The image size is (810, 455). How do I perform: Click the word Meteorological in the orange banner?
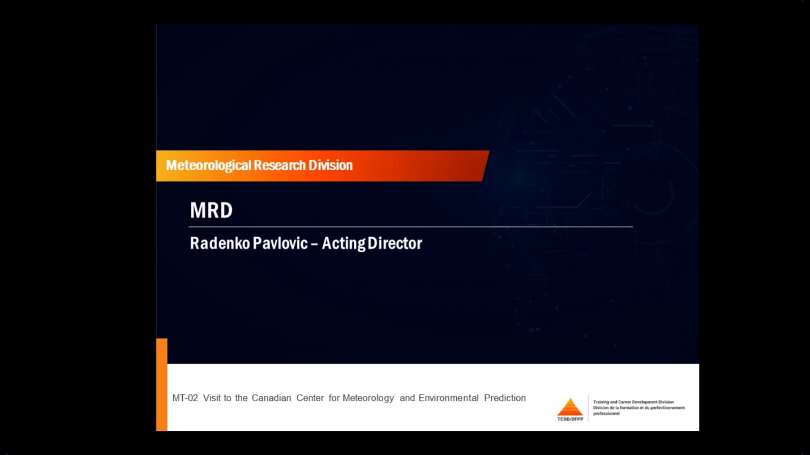coord(209,165)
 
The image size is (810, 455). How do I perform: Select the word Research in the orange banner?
coord(279,165)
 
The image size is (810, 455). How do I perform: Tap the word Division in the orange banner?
coord(330,165)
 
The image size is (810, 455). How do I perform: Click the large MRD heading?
coord(211,210)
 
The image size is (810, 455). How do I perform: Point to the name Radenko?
coord(220,243)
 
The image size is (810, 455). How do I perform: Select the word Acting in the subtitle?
coord(344,244)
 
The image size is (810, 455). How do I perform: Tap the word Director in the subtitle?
coord(395,243)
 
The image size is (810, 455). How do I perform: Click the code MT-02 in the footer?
coord(185,398)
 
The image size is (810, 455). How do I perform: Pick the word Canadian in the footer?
coord(271,398)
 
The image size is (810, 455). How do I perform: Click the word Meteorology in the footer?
coord(368,398)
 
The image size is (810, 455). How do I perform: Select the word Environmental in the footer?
coord(449,398)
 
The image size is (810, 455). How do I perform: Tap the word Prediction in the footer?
coord(505,398)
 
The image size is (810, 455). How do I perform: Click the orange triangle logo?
coord(570,407)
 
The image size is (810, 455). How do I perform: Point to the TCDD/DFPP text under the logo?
coord(570,419)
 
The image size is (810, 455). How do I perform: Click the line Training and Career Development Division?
coord(633,402)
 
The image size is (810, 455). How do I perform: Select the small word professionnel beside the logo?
coord(606,413)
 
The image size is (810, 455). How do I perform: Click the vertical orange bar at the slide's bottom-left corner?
coord(162,385)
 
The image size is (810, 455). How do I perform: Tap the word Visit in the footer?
coord(212,398)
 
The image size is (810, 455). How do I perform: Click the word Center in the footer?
coord(310,398)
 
